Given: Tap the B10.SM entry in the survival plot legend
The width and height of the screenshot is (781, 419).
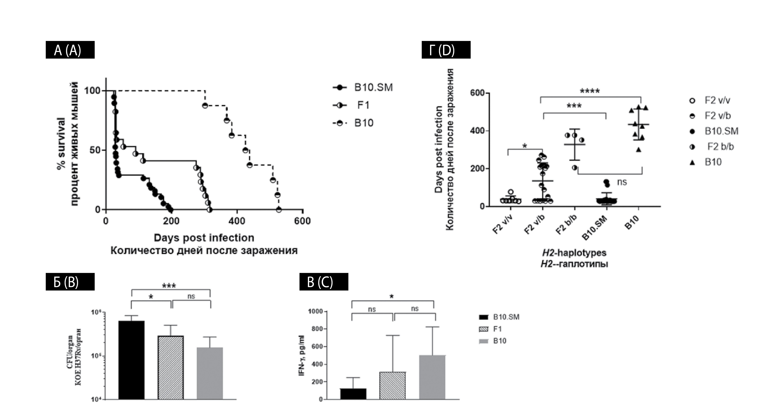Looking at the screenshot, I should click(x=373, y=87).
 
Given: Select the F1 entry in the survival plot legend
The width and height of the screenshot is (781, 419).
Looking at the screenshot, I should click(x=363, y=105).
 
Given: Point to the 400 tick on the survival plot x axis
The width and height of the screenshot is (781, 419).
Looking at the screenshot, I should click(x=237, y=221).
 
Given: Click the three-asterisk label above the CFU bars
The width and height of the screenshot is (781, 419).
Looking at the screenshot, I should click(x=169, y=286).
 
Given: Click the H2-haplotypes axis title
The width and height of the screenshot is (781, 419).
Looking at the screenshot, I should click(x=574, y=253).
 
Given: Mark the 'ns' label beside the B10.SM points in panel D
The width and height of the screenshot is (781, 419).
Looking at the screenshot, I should click(x=622, y=182).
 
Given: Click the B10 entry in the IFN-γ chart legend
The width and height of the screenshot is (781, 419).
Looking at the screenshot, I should click(x=499, y=341).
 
